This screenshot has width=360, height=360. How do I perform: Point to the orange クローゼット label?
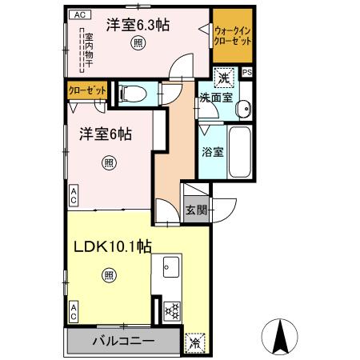[x=83, y=91]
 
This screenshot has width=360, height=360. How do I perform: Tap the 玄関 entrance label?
[x=197, y=210]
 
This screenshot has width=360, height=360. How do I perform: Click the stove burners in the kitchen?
[x=170, y=309]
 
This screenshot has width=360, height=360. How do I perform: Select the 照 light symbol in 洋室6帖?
[x=107, y=164]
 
